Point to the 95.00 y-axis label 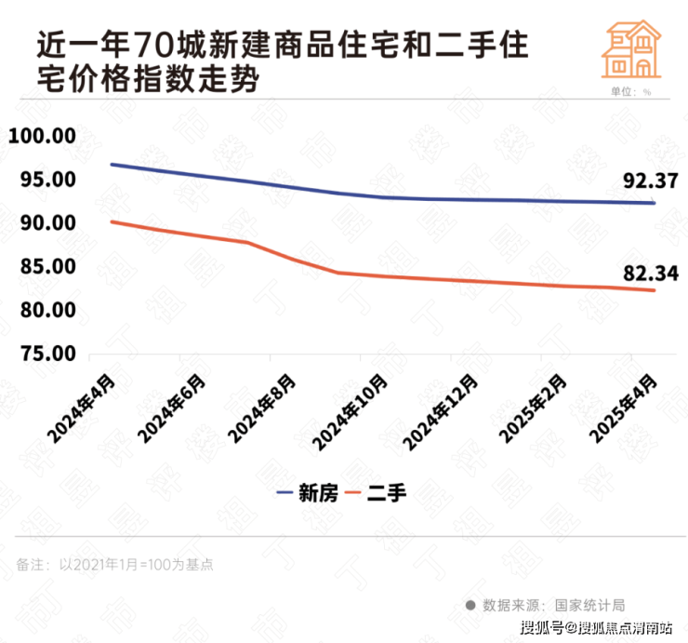click(44, 180)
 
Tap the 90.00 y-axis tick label click(44, 223)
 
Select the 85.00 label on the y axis click(44, 267)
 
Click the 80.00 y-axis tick click(44, 310)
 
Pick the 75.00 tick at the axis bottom click(44, 354)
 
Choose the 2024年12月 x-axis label click(441, 410)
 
